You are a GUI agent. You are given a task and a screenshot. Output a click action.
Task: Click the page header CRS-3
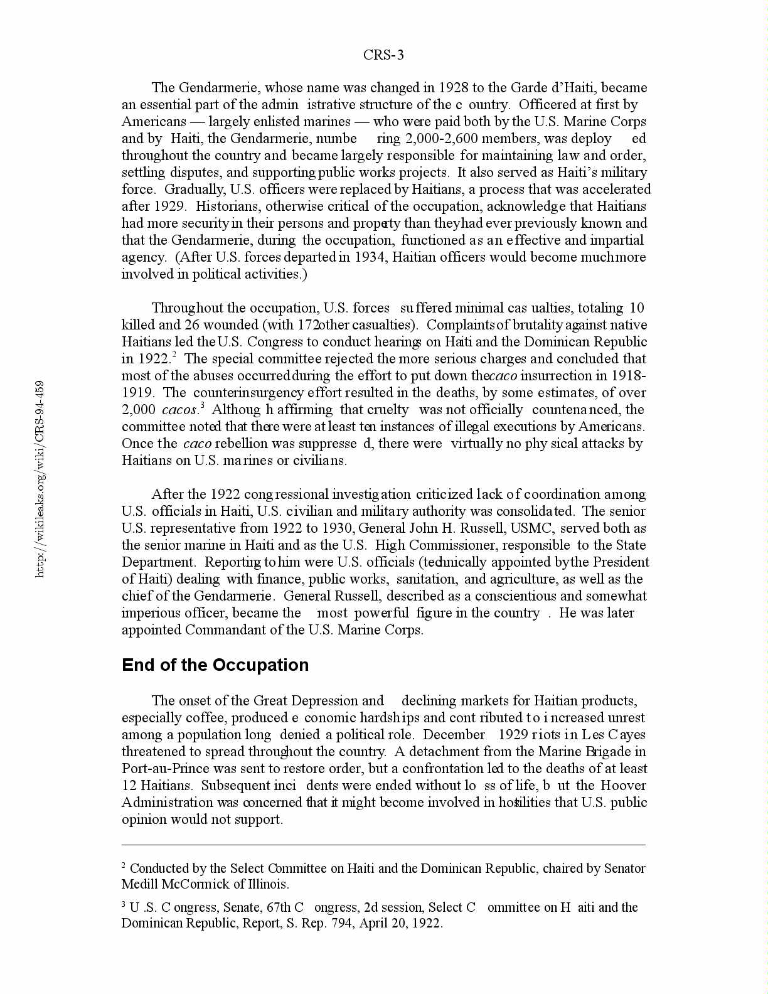coord(383,55)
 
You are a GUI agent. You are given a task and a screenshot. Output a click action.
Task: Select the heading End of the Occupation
coord(215,665)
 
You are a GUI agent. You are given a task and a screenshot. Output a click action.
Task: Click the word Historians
coord(228,206)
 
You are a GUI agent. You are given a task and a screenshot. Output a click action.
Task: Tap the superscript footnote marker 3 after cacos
coord(202,405)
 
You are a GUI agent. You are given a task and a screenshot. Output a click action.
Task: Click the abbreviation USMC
coord(531,528)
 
